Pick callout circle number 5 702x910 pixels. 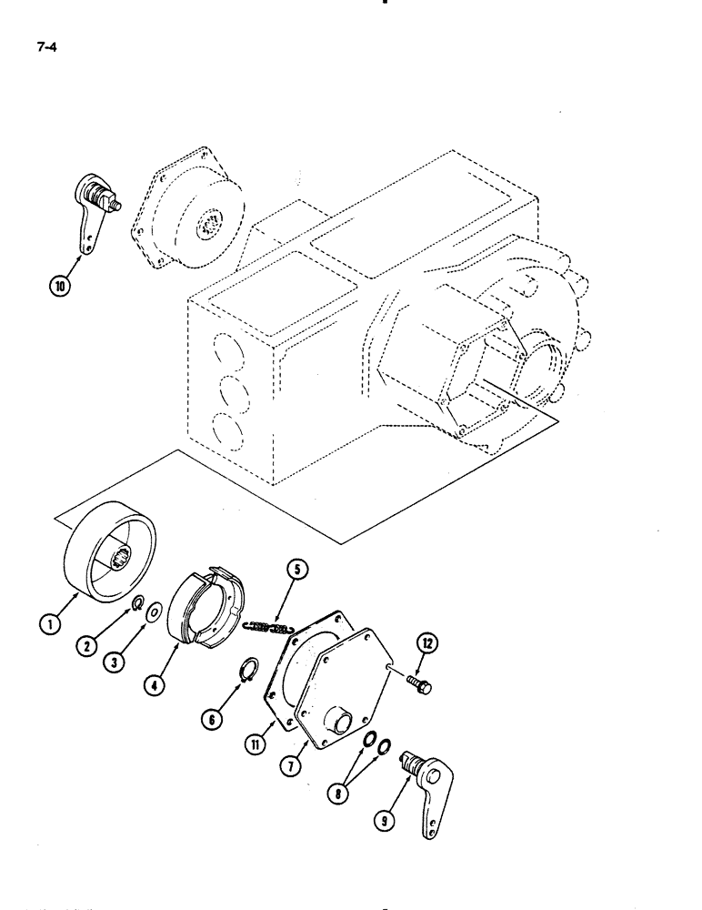(298, 571)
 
